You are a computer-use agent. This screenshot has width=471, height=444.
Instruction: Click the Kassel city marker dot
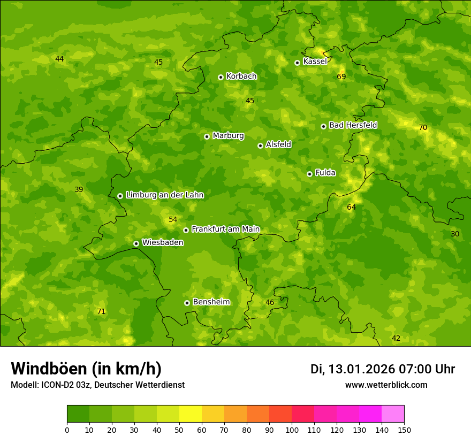[297, 63]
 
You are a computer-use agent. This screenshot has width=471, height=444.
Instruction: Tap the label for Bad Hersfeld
[353, 125]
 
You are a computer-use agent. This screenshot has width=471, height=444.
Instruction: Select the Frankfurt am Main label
[225, 229]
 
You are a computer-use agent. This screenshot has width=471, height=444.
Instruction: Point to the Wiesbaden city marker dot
[136, 243]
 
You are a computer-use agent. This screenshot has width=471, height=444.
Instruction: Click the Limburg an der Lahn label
[164, 195]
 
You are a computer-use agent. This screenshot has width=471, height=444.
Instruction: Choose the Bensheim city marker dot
[187, 303]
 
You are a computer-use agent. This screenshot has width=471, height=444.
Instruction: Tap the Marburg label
[228, 135]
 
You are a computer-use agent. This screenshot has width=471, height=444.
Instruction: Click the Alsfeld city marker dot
[260, 146]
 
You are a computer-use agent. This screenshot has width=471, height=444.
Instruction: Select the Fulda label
[325, 173]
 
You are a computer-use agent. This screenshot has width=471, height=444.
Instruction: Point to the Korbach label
[241, 76]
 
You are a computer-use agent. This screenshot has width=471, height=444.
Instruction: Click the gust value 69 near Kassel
[341, 77]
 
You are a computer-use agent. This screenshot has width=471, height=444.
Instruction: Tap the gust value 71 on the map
[101, 311]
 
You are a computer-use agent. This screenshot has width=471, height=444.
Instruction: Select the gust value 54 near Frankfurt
[173, 220]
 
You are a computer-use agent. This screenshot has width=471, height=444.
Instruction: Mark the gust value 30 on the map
[455, 234]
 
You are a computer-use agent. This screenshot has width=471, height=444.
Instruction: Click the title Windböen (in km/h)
[86, 369]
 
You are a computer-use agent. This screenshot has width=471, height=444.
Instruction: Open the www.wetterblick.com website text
[386, 385]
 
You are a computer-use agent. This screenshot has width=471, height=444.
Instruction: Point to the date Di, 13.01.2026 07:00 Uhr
[382, 369]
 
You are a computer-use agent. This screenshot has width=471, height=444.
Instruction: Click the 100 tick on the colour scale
[292, 430]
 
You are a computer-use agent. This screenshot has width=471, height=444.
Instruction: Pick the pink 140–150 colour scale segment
[393, 414]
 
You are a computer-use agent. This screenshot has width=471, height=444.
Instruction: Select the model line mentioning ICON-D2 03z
[97, 385]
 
